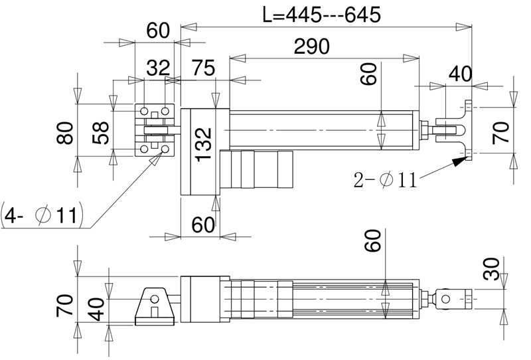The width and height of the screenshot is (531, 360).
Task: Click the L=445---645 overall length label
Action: [x=322, y=15]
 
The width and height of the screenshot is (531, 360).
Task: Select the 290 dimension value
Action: [x=311, y=46]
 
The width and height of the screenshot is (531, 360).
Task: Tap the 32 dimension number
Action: [x=158, y=68]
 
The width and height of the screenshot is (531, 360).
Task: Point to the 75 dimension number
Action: [x=203, y=68]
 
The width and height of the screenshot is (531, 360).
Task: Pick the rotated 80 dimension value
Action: [x=64, y=134]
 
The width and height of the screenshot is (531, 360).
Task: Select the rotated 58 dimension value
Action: [x=101, y=133]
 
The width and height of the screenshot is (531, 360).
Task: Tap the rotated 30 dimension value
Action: [x=491, y=269]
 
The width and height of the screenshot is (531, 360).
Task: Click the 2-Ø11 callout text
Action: [x=385, y=179]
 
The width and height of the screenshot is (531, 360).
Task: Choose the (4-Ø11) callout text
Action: [x=42, y=215]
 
